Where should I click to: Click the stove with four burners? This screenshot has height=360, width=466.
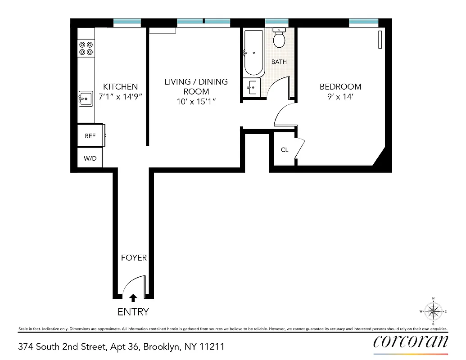pyautogui.click(x=86, y=49)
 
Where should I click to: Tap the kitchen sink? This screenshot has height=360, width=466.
pyautogui.click(x=86, y=99)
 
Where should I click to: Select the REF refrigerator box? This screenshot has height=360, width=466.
pyautogui.click(x=90, y=136)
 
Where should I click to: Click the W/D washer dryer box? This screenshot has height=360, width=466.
pyautogui.click(x=90, y=158)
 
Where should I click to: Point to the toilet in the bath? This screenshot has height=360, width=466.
pyautogui.click(x=279, y=39)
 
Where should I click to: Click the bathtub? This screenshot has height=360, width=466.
pyautogui.click(x=253, y=53)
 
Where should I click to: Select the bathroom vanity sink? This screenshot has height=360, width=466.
pyautogui.click(x=252, y=87)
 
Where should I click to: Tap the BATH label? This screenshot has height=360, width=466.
pyautogui.click(x=279, y=62)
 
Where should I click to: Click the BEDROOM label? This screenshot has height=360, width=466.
pyautogui.click(x=340, y=87)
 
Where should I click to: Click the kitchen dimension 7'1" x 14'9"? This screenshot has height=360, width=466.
pyautogui.click(x=120, y=96)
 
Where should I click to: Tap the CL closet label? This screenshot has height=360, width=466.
pyautogui.click(x=284, y=150)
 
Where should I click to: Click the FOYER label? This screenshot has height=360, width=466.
pyautogui.click(x=134, y=258)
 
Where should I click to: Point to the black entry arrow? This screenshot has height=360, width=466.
pyautogui.click(x=133, y=297)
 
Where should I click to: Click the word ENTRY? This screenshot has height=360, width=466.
pyautogui.click(x=133, y=312)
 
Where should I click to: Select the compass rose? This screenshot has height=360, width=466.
pyautogui.click(x=433, y=311)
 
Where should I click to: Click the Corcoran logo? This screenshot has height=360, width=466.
pyautogui.click(x=411, y=342)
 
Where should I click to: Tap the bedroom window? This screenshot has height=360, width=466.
pyautogui.click(x=363, y=22)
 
